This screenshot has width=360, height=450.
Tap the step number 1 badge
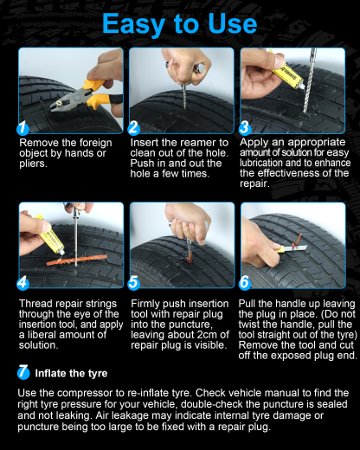[x=24, y=128]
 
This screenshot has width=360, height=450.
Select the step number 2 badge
[x=134, y=128]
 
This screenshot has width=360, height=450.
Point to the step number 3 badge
[x=245, y=128]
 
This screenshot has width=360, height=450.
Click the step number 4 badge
[x=24, y=282]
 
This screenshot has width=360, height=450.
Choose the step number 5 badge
[x=134, y=282]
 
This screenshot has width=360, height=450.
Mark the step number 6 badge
[x=245, y=282]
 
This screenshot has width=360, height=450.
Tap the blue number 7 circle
[x=23, y=373]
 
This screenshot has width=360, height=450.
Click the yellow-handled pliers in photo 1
[x=87, y=87]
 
